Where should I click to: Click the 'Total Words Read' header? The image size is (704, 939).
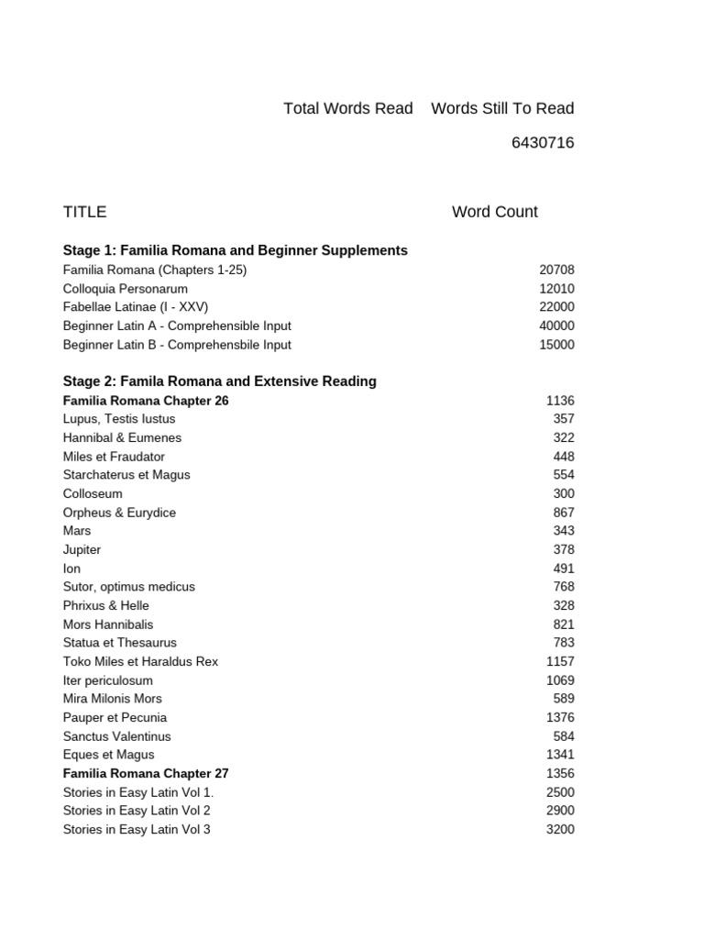[x=347, y=108]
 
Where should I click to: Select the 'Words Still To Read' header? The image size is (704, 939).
[x=502, y=108]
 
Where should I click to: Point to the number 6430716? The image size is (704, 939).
[x=543, y=143]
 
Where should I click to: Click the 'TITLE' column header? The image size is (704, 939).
[x=84, y=212]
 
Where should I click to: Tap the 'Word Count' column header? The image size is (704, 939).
[x=494, y=212]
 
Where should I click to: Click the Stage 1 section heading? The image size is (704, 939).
[x=235, y=250]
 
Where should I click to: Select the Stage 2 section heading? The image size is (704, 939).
[x=219, y=381]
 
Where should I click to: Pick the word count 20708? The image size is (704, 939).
[x=556, y=270]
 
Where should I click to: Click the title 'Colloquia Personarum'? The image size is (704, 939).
[x=126, y=289]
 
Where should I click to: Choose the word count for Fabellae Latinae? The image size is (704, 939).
[x=556, y=307]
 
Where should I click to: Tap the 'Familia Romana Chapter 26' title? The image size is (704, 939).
[x=146, y=401]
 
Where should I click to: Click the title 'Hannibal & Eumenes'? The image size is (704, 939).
[x=122, y=437]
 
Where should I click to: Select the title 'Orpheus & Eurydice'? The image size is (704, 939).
[x=119, y=513]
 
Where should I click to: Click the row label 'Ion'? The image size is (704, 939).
[x=71, y=569]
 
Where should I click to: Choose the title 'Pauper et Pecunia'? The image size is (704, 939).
[x=115, y=717]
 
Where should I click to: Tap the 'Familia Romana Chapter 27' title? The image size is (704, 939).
[x=146, y=773]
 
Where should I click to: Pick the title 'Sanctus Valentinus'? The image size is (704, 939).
[x=116, y=736]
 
